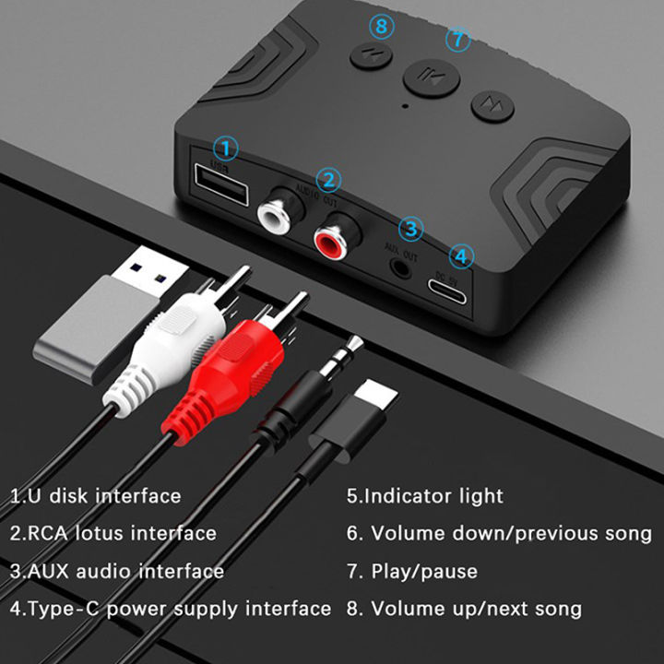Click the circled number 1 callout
tap(226, 148)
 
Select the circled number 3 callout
tap(411, 229)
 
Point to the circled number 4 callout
tap(461, 255)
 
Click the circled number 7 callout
tap(457, 40)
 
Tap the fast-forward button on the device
tap(492, 105)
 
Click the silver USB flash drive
tap(97, 323)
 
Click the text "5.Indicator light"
tap(425, 496)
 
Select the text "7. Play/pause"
tap(412, 572)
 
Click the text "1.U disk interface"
tap(96, 496)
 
